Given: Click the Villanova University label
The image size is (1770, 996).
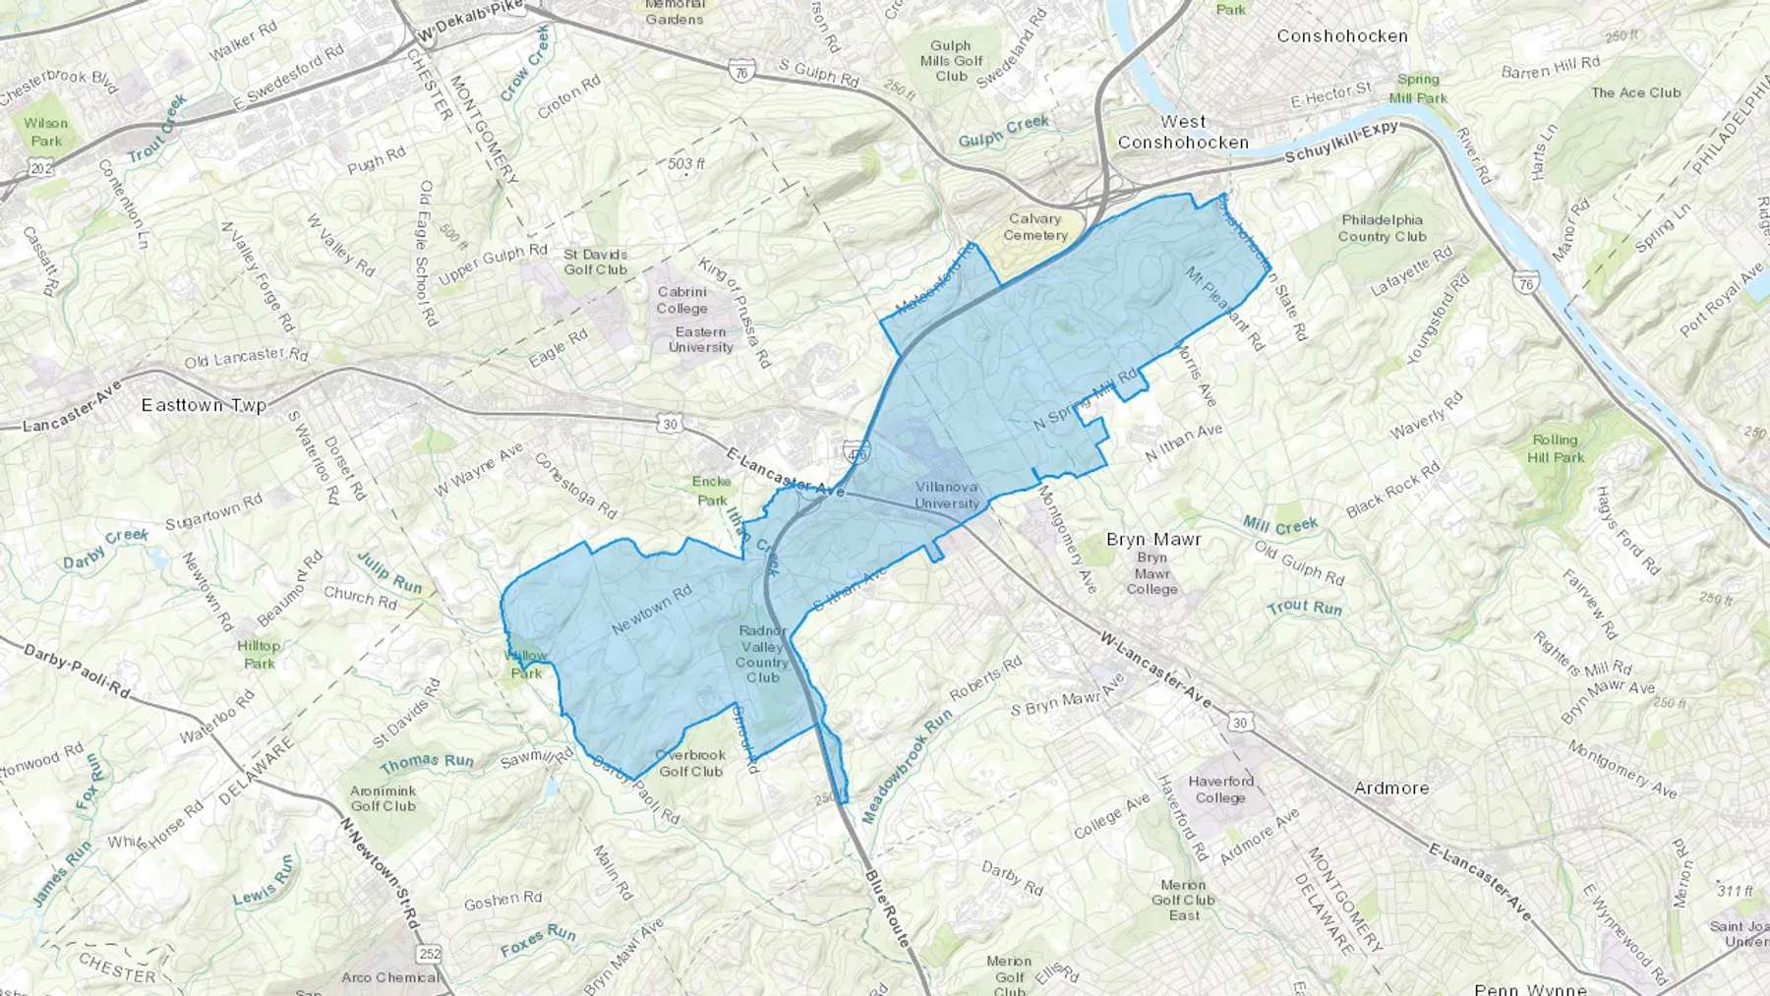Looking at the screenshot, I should click(x=947, y=495).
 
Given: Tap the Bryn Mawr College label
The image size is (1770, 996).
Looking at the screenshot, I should click(x=1151, y=572).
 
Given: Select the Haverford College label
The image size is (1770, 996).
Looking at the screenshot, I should click(x=1220, y=789).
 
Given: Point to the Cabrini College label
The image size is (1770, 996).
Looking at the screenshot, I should click(x=681, y=300).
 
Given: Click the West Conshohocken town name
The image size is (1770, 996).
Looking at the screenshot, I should click(x=1183, y=132).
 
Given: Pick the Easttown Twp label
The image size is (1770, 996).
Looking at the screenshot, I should click(x=204, y=405).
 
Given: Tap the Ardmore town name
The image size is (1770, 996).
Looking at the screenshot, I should click(x=1390, y=788).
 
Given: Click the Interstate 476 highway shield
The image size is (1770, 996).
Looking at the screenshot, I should click(x=855, y=454).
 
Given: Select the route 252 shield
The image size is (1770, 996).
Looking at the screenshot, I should click(x=429, y=954).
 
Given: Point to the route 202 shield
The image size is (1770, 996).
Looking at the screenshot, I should click(x=40, y=169).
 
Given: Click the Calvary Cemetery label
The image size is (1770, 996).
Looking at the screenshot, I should click(x=1034, y=227).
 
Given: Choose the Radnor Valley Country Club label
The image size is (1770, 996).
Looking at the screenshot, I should click(x=762, y=654).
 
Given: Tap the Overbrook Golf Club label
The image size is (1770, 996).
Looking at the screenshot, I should click(x=690, y=763).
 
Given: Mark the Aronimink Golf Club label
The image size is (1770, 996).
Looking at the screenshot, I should click(x=383, y=797).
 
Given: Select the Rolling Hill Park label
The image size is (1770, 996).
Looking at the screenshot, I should click(x=1555, y=448).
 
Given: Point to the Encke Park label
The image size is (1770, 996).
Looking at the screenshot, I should click(x=711, y=490).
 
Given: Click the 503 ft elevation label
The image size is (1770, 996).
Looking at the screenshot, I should click(x=686, y=163).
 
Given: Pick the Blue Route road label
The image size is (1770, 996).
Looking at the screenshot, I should click(x=887, y=908).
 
